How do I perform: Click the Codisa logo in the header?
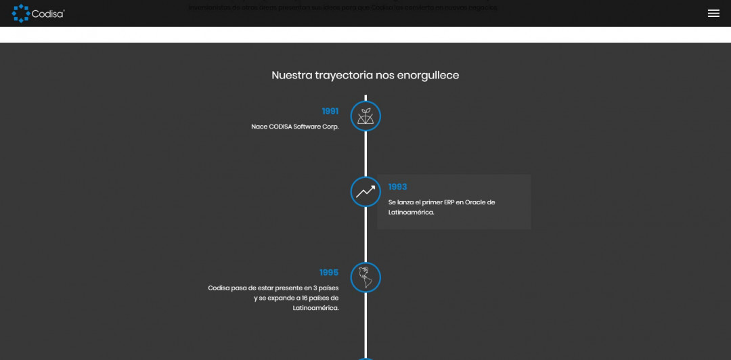pyautogui.click(x=38, y=13)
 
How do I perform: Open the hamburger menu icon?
pyautogui.click(x=713, y=14)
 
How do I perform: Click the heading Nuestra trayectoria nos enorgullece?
pyautogui.click(x=365, y=75)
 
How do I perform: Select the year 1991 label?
pyautogui.click(x=330, y=111)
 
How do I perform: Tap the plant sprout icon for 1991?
pyautogui.click(x=365, y=116)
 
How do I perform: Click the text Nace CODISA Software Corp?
pyautogui.click(x=295, y=127)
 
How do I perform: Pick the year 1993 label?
pyautogui.click(x=397, y=187)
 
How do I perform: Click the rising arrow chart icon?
pyautogui.click(x=365, y=192)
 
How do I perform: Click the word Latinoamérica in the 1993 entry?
pyautogui.click(x=410, y=212)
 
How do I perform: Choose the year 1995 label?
pyautogui.click(x=329, y=273)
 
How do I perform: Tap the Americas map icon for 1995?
pyautogui.click(x=365, y=277)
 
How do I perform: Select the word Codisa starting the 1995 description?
pyautogui.click(x=219, y=288)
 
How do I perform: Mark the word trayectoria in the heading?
pyautogui.click(x=344, y=75)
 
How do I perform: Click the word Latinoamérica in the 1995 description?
pyautogui.click(x=315, y=308)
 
